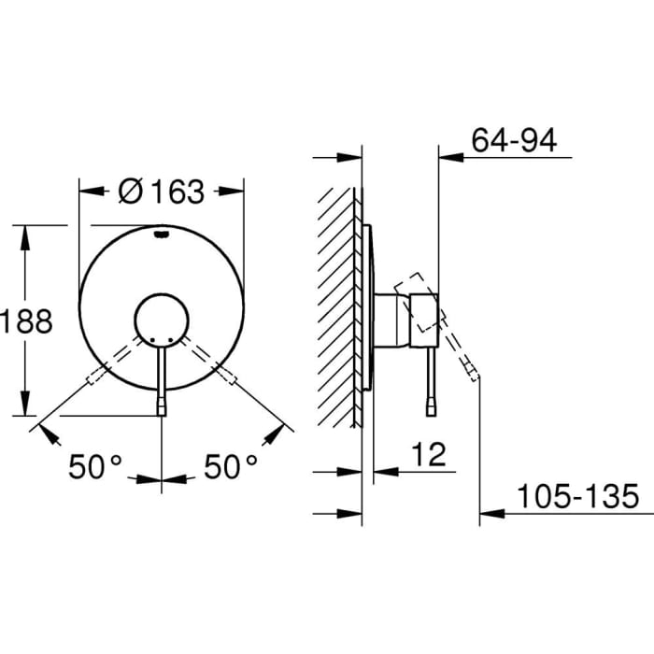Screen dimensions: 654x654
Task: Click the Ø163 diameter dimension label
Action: point(162,191)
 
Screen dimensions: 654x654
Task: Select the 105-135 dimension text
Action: point(579,495)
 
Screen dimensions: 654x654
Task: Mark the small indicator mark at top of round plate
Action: point(163,235)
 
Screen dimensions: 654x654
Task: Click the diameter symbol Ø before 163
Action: point(131,192)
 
